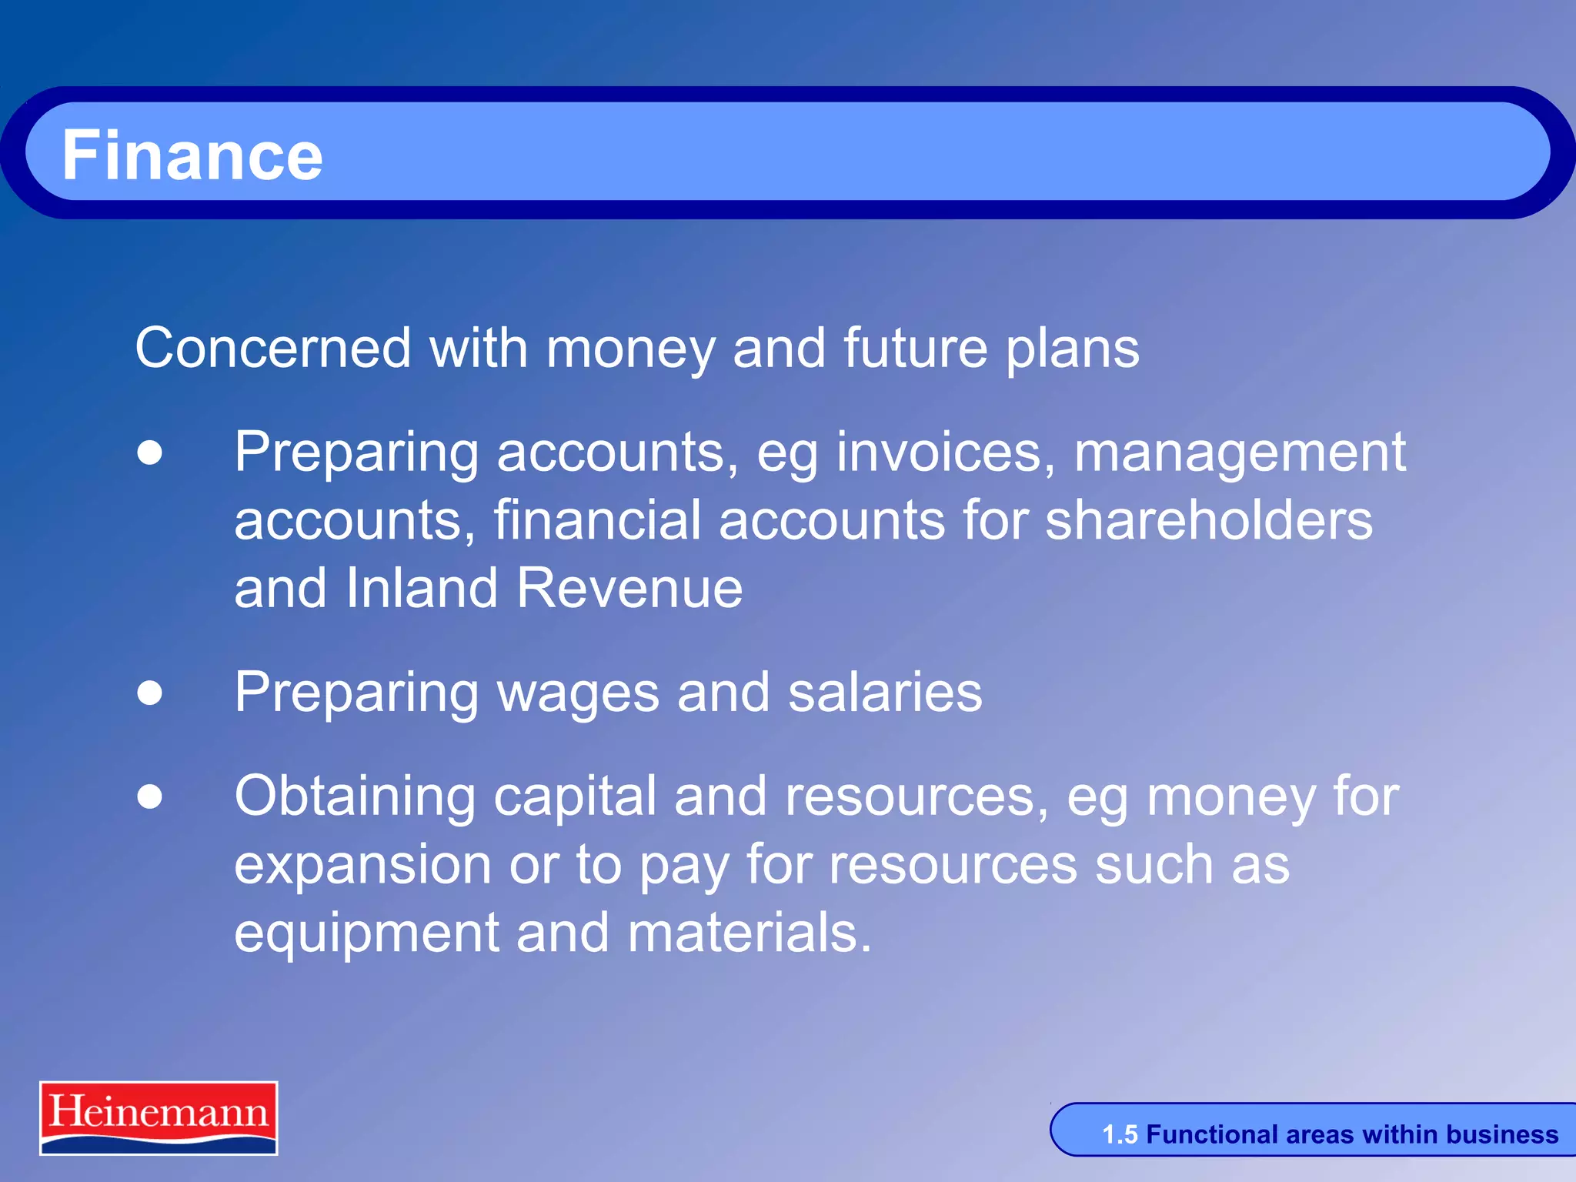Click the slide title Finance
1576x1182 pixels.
192,155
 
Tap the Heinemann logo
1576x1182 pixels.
159,1117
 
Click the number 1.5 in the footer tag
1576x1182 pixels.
1119,1134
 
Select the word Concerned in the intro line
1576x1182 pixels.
273,348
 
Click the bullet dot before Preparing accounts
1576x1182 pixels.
150,452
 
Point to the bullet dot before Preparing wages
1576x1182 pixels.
150,693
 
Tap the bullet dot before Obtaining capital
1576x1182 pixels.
150,796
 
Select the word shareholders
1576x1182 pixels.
1208,520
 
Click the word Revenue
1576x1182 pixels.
629,588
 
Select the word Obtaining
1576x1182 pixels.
355,797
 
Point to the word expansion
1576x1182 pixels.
362,866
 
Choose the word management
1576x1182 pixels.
1240,454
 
